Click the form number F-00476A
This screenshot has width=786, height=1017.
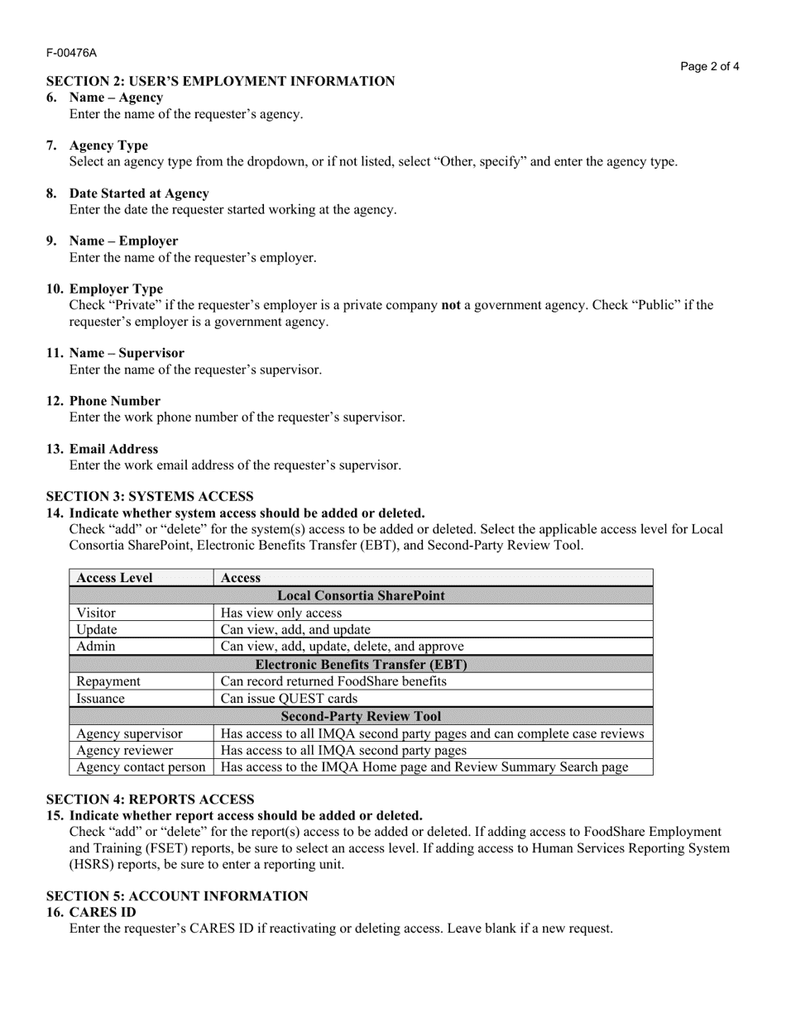click(x=71, y=53)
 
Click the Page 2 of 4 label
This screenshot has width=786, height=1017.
click(x=710, y=67)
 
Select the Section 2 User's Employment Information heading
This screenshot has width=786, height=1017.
click(x=220, y=81)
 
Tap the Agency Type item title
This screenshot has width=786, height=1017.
click(x=108, y=146)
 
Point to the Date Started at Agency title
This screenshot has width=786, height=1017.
click(x=139, y=193)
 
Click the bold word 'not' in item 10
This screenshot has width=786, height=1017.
click(x=450, y=305)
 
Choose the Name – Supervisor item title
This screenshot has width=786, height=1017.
click(x=127, y=353)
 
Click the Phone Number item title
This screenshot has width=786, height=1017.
click(x=114, y=401)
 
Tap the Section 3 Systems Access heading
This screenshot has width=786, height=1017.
click(x=150, y=496)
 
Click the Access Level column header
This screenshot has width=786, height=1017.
click(x=114, y=578)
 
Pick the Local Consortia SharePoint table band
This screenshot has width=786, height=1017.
click(x=361, y=595)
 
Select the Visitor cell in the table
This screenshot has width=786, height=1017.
click(x=96, y=613)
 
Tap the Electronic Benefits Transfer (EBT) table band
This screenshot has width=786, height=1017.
click(x=361, y=664)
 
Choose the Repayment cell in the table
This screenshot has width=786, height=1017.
click(x=108, y=681)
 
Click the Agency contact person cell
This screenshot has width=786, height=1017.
click(x=141, y=767)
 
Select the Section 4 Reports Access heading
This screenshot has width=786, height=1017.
click(x=150, y=800)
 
